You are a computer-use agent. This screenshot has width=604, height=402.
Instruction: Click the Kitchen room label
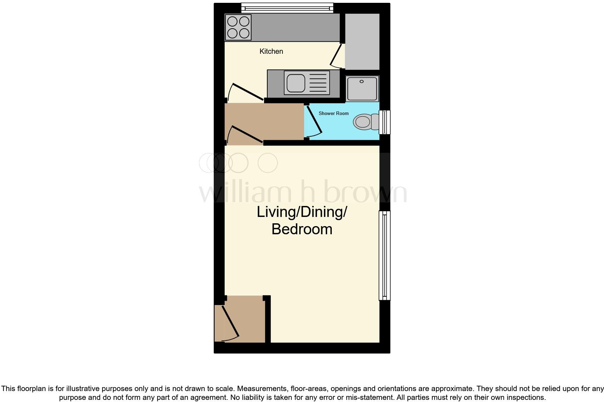[271, 51]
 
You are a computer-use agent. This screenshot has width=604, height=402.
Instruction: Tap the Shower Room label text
[334, 113]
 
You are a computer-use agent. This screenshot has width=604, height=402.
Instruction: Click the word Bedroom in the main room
[302, 229]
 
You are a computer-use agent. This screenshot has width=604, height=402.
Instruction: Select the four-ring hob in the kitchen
[238, 27]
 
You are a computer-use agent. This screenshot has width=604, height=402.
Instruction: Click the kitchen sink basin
[296, 83]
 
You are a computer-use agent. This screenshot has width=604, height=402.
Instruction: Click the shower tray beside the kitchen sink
[362, 88]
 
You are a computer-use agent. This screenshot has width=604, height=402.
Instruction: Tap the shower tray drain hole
[362, 81]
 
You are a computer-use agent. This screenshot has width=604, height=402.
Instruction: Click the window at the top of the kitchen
[287, 7]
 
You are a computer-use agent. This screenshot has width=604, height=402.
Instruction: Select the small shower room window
[385, 122]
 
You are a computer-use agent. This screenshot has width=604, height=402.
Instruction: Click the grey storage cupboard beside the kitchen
[362, 41]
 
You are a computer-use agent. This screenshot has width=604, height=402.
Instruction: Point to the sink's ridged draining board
[318, 83]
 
